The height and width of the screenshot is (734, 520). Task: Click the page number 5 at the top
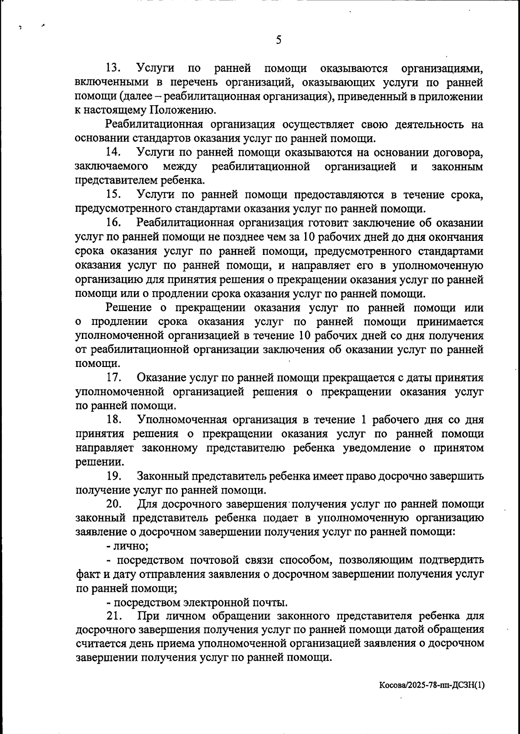click(x=279, y=40)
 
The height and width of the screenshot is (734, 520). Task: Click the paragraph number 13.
click(x=114, y=68)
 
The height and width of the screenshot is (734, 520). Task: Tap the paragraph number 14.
click(x=114, y=153)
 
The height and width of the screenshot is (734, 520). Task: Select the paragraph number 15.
click(x=114, y=195)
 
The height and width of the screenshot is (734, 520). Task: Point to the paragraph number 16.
click(x=114, y=223)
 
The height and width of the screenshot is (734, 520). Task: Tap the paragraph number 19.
click(x=114, y=476)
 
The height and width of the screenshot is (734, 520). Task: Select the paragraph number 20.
click(x=114, y=504)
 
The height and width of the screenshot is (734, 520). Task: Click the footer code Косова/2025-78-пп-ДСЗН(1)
click(x=432, y=698)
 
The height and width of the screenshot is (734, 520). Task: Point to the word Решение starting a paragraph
click(x=129, y=308)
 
